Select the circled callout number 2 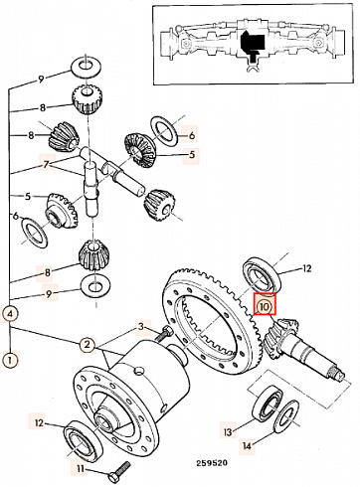88,344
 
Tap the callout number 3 142,326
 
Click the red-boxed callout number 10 265,307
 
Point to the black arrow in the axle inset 252,43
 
